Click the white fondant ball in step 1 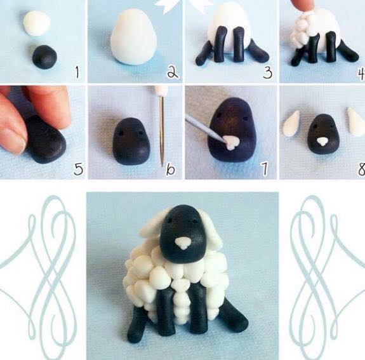pos(37,23)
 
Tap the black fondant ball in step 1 pos(44,57)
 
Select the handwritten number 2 pos(173,72)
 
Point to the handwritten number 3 pos(268,72)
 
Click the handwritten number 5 pos(79,169)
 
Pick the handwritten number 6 pos(170,169)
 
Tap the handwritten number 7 pos(265,169)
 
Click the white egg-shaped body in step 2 pos(133,37)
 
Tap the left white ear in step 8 pos(291,123)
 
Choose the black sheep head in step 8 pos(323,134)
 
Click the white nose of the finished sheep pos(183,243)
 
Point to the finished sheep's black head pos(183,234)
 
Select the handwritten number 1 pos(77,72)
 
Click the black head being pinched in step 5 pos(46,140)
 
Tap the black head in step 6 pos(131,142)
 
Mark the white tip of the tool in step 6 pos(162,91)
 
